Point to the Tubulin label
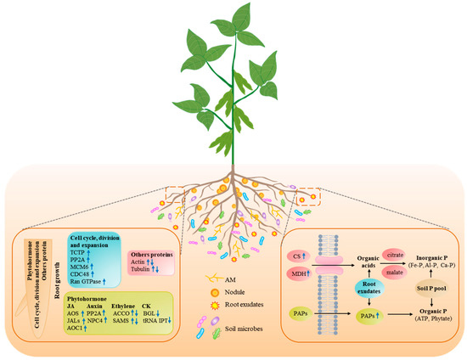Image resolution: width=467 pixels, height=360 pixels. pos(143,271)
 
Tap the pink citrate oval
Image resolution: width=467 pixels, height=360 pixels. pos(371,254)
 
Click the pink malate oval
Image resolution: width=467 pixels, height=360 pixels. pos(372,274)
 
